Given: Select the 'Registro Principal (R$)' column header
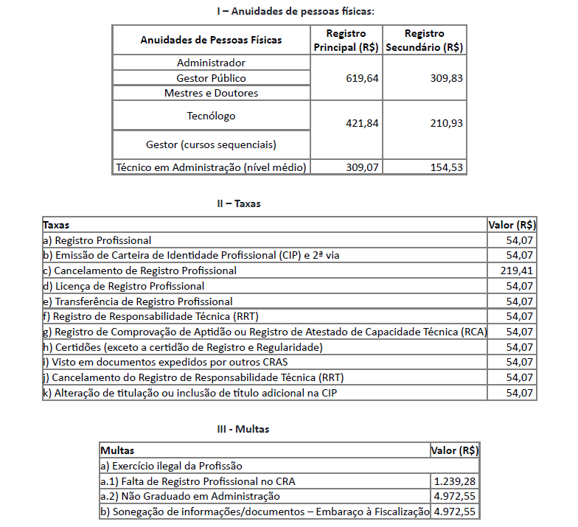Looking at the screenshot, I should pyautogui.click(x=346, y=40).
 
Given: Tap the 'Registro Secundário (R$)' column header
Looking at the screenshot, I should pyautogui.click(x=425, y=40).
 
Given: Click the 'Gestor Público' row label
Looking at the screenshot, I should pyautogui.click(x=211, y=78).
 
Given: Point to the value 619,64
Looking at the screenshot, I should pyautogui.click(x=362, y=78).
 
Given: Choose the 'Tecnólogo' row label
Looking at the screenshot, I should pyautogui.click(x=211, y=116).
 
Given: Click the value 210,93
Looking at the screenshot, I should pyautogui.click(x=447, y=123).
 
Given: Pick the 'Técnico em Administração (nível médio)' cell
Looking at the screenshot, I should pyautogui.click(x=211, y=167).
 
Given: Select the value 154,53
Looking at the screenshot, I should pyautogui.click(x=447, y=167).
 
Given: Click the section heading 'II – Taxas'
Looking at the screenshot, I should pyautogui.click(x=239, y=203).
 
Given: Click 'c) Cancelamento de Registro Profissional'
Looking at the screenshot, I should pyautogui.click(x=140, y=271).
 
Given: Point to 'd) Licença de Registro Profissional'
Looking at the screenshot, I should pyautogui.click(x=124, y=286).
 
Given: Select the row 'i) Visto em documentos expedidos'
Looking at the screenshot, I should pyautogui.click(x=165, y=362).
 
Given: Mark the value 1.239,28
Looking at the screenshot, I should pyautogui.click(x=455, y=481).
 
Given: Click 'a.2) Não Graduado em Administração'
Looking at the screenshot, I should pyautogui.click(x=190, y=497).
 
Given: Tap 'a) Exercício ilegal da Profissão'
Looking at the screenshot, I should pyautogui.click(x=171, y=466).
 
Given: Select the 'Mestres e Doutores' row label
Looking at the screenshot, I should pyautogui.click(x=211, y=94).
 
